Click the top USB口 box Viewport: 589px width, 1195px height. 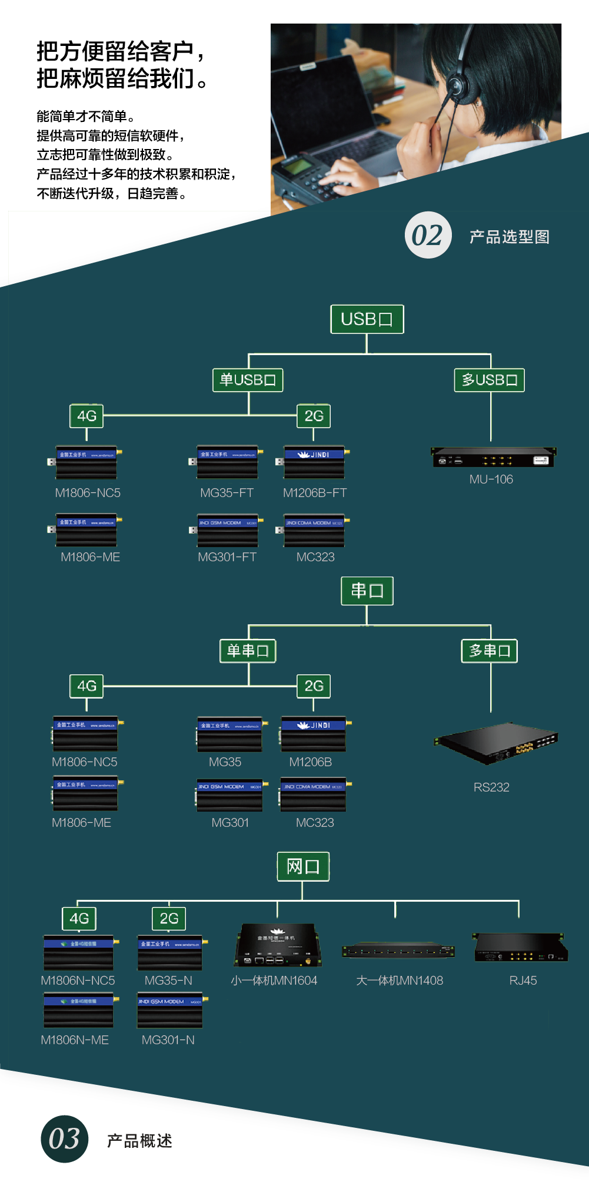coord(367,319)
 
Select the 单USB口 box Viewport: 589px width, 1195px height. coord(248,380)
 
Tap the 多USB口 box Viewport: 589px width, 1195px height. coord(490,380)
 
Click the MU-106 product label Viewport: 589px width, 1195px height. coord(491,479)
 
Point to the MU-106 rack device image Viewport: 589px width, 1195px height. coord(493,457)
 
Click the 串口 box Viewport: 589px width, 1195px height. coord(367,591)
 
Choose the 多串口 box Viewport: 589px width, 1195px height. coord(490,651)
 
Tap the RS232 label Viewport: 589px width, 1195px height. coord(491,787)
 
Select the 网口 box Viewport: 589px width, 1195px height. coord(303,866)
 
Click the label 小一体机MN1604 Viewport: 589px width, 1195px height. coord(274,981)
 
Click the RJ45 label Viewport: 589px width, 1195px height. coord(523,981)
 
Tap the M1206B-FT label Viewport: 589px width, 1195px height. coord(315,493)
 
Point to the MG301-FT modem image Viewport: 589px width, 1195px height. coord(227,529)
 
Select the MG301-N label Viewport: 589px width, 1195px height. coord(168,1040)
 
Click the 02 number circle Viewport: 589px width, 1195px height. coord(428,235)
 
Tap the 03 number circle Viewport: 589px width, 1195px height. coord(64,1139)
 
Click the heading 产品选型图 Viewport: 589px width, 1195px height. coord(510,237)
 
